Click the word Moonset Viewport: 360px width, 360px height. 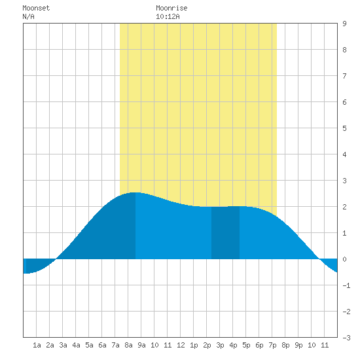[36, 8]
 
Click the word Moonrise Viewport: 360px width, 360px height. [171, 8]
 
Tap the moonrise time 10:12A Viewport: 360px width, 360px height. [168, 16]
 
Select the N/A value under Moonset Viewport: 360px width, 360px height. [28, 16]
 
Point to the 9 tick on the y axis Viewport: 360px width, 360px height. [344, 24]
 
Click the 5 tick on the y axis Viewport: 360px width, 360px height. [344, 128]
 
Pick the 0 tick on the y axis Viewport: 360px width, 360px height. [344, 259]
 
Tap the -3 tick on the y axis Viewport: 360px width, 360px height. [346, 338]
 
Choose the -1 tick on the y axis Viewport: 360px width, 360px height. [346, 285]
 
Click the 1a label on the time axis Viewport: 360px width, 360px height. [37, 345]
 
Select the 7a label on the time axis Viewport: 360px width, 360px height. [115, 345]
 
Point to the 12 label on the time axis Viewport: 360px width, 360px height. [181, 345]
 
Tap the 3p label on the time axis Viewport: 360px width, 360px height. [220, 345]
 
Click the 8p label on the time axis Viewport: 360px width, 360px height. [285, 345]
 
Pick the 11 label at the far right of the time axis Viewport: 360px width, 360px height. [325, 345]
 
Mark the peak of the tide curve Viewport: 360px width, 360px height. [135, 192]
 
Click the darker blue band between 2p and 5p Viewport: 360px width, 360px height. [225, 233]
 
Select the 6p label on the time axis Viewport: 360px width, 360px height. [259, 345]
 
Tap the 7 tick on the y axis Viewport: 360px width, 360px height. [344, 76]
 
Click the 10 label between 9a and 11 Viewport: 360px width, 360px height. [154, 345]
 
